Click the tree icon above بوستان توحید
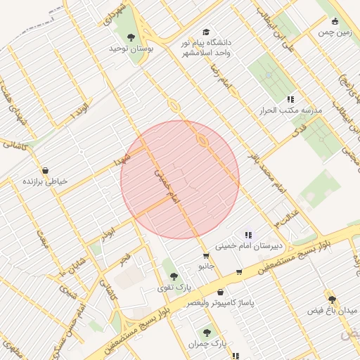click(131, 37)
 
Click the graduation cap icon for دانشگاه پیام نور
click(206, 32)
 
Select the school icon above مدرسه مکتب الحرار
click(290, 100)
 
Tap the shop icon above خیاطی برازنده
click(46, 170)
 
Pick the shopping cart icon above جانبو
click(205, 256)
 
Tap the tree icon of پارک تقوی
click(174, 276)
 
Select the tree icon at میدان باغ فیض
click(332, 299)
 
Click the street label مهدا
click(124, 157)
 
